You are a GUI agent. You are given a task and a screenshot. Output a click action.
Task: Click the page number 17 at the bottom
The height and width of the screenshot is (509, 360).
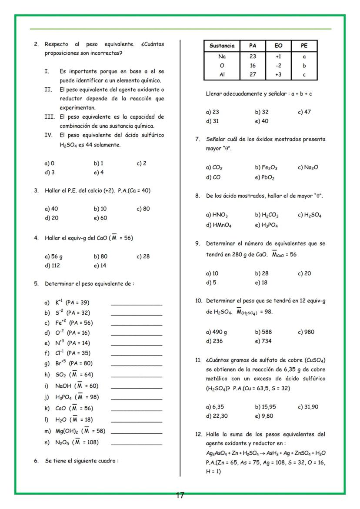180,495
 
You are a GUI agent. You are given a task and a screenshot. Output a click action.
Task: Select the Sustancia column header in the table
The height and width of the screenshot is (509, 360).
222,46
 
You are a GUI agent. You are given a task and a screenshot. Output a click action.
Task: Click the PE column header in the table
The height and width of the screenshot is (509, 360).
304,46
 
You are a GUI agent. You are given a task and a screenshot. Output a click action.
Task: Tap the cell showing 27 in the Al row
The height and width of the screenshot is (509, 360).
253,75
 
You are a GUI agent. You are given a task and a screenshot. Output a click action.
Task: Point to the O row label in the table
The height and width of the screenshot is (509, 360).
222,66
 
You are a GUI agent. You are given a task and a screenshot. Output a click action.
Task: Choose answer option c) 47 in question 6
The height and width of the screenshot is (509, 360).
304,112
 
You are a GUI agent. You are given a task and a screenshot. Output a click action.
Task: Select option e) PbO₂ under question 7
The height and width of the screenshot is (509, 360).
265,177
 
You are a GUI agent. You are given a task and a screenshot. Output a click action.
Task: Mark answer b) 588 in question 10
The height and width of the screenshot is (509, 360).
263,332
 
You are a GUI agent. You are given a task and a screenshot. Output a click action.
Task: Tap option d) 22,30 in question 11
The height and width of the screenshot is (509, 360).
217,416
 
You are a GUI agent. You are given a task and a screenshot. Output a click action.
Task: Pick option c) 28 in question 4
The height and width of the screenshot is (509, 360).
143,256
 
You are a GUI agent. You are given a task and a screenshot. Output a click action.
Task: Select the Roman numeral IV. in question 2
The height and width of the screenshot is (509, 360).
49,135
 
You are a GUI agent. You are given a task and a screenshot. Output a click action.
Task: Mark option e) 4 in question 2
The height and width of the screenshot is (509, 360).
98,173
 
